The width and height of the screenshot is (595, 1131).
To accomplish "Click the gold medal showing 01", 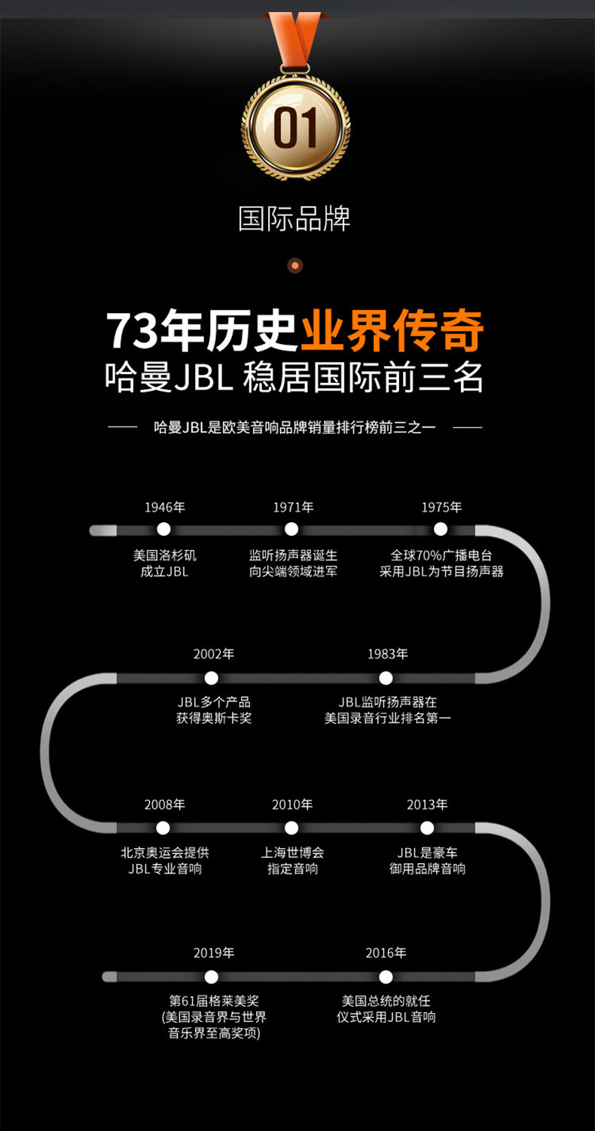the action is pyautogui.click(x=296, y=126).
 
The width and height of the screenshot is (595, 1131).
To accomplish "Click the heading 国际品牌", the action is pyautogui.click(x=294, y=219).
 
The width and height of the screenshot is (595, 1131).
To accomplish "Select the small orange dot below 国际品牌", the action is pyautogui.click(x=295, y=265).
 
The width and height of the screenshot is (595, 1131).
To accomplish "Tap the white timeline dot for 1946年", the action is pyautogui.click(x=163, y=529).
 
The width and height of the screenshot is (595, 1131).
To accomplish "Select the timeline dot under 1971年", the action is pyautogui.click(x=291, y=529).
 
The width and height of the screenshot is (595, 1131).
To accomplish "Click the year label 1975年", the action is pyautogui.click(x=441, y=507).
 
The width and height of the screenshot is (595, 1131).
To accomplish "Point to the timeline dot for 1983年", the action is pyautogui.click(x=386, y=678).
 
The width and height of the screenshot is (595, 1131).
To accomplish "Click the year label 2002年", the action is pyautogui.click(x=214, y=654).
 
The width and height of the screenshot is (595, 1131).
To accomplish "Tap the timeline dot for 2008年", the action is pyautogui.click(x=163, y=828).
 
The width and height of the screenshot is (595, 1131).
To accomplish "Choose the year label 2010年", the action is pyautogui.click(x=292, y=804).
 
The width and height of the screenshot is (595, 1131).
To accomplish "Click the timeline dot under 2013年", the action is pyautogui.click(x=427, y=828).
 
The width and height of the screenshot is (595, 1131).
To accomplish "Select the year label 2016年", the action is pyautogui.click(x=386, y=953).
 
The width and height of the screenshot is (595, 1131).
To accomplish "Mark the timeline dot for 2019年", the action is pyautogui.click(x=212, y=977).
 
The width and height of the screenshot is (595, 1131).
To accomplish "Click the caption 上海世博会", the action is pyautogui.click(x=292, y=853).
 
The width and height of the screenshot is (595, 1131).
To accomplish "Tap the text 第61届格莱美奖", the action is pyautogui.click(x=214, y=1002).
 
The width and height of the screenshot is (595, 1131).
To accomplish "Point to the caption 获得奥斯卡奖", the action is pyautogui.click(x=214, y=718).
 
